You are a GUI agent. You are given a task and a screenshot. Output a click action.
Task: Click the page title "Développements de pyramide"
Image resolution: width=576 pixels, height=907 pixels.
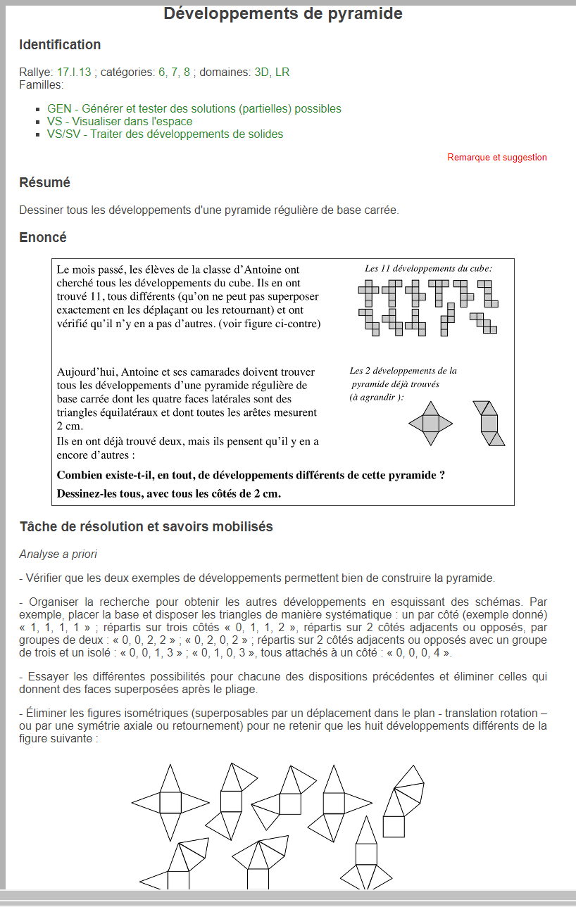(x=283, y=13)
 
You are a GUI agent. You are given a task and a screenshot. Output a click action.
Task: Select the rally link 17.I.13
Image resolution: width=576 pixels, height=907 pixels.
(x=74, y=72)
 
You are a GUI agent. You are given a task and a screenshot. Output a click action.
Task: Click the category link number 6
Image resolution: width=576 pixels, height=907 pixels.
(x=162, y=72)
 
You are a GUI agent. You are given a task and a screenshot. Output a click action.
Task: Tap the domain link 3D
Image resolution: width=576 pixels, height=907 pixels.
(x=261, y=72)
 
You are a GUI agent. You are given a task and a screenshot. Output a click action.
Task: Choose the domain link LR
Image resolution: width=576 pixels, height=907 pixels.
(x=282, y=72)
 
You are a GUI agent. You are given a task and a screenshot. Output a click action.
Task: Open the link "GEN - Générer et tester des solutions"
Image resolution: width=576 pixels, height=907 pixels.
(x=194, y=109)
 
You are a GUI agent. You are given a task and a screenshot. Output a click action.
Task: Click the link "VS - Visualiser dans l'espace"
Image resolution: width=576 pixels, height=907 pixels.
(x=119, y=122)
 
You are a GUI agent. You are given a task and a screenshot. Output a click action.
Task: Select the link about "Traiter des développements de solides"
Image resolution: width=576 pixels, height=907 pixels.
(x=165, y=134)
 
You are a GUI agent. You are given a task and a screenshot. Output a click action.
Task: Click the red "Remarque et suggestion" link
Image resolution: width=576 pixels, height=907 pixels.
(x=496, y=158)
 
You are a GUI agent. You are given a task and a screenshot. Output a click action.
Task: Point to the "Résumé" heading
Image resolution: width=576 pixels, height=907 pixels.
(x=44, y=183)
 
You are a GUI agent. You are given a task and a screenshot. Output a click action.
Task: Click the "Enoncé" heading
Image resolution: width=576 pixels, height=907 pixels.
(x=43, y=238)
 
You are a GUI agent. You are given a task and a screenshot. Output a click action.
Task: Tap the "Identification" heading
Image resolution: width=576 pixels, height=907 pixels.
(x=60, y=45)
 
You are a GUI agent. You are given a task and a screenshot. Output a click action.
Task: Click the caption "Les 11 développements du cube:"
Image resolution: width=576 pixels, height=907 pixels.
(x=428, y=269)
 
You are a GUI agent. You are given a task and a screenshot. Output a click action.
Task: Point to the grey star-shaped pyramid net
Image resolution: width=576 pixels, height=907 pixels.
(x=430, y=423)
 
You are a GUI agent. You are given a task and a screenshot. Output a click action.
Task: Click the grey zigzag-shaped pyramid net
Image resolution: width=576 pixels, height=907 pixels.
(x=489, y=424)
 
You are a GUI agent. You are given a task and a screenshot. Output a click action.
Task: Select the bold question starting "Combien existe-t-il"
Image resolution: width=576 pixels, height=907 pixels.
(x=251, y=475)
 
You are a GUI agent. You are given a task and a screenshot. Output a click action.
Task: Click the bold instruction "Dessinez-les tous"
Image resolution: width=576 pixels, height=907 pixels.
(x=168, y=493)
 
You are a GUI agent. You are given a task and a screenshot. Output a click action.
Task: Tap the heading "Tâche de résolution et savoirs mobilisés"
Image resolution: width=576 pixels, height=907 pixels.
(x=146, y=527)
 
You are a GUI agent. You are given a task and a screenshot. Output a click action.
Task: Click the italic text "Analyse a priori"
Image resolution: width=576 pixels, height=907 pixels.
(x=58, y=554)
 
